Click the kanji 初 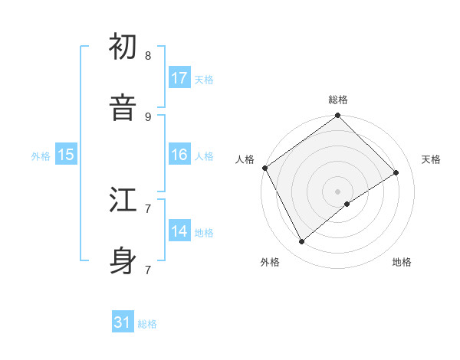coord(123,47)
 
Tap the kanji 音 coord(123,107)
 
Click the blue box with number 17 coord(179,78)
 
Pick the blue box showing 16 coord(179,155)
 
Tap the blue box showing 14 coord(179,231)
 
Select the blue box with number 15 coord(66,155)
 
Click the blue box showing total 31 coord(123,323)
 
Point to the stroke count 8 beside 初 coord(148,56)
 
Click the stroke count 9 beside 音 coord(148,116)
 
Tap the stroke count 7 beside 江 coord(148,208)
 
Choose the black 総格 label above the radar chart coord(338,100)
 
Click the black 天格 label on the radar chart coord(431,159)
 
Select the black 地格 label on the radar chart coord(402,262)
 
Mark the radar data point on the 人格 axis coord(264,168)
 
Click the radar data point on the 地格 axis coord(347,204)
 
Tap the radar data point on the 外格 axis coord(301,242)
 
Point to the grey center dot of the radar coord(338,191)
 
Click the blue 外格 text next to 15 coord(41,155)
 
